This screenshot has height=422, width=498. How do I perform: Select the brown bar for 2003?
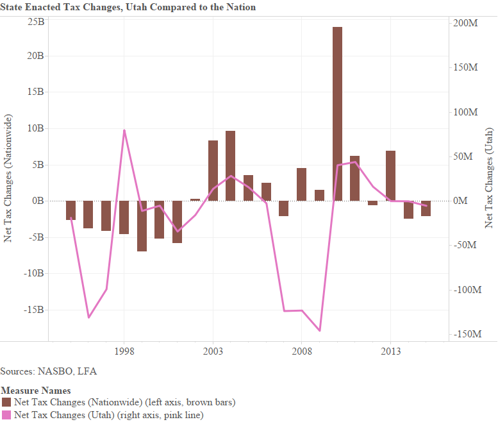(x=213, y=171)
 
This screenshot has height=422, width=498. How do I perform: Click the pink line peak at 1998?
(x=124, y=130)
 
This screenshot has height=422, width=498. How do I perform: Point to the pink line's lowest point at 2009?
(x=319, y=331)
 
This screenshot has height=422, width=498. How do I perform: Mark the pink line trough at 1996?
(x=88, y=317)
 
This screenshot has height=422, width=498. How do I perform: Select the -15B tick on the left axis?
(x=33, y=309)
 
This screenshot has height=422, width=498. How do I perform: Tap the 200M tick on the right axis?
(x=466, y=23)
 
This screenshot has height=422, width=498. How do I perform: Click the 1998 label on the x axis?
(x=124, y=351)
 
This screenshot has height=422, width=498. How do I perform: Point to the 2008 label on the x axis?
(x=302, y=351)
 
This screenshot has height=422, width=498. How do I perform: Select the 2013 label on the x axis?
(x=390, y=351)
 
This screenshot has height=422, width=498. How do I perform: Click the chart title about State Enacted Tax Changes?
(x=128, y=7)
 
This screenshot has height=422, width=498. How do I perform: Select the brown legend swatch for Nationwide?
(x=6, y=402)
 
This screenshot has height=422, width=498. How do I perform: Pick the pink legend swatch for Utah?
(x=6, y=415)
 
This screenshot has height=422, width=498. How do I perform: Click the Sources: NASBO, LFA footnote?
(x=49, y=371)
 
